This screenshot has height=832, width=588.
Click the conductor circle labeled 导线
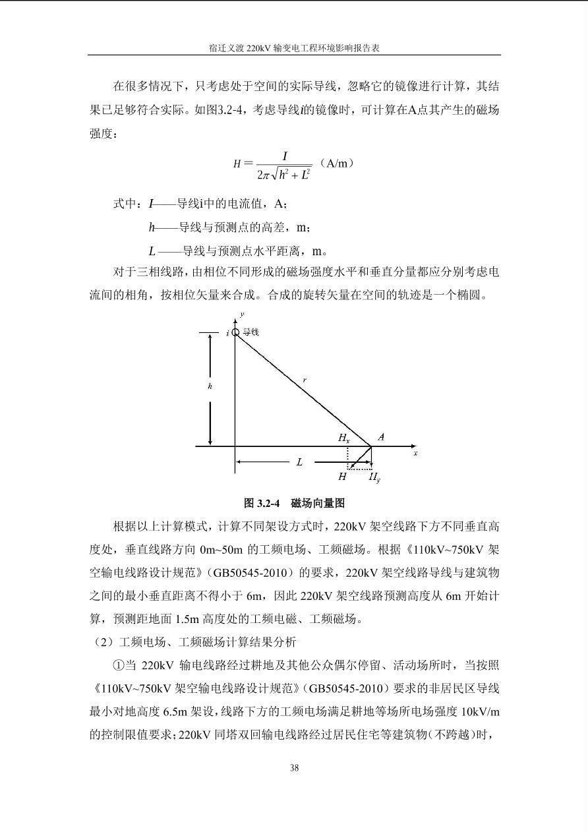point(235,333)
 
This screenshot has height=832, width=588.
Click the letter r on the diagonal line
point(305,380)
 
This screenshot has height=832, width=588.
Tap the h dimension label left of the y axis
point(210,387)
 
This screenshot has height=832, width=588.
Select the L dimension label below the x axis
point(299,463)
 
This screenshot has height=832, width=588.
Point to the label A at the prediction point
point(381,437)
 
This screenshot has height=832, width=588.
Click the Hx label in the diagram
point(344,438)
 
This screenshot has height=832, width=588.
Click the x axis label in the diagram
point(415,454)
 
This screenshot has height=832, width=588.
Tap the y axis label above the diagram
point(243,315)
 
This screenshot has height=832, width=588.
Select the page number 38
point(294,767)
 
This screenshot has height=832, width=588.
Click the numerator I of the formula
point(285,156)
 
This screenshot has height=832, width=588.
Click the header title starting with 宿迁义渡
point(294,48)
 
